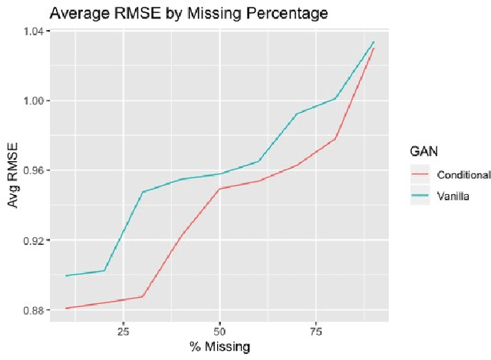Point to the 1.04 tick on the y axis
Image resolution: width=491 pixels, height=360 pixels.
tap(37, 31)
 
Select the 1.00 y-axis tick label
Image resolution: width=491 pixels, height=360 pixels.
tap(37, 101)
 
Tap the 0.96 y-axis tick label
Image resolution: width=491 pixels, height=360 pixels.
tap(37, 170)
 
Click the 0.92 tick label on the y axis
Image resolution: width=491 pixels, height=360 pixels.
tap(37, 240)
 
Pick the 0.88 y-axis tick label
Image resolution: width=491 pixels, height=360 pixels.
tap(37, 310)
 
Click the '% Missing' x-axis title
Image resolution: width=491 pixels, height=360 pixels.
tap(219, 347)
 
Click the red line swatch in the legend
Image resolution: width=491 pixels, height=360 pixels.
tap(421, 174)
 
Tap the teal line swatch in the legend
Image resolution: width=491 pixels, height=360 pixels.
tap(421, 196)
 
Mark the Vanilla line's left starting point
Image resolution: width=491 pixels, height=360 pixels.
tap(66, 276)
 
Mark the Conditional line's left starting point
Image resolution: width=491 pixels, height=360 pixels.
tap(66, 308)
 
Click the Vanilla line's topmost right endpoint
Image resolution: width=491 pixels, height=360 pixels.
tap(374, 41)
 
